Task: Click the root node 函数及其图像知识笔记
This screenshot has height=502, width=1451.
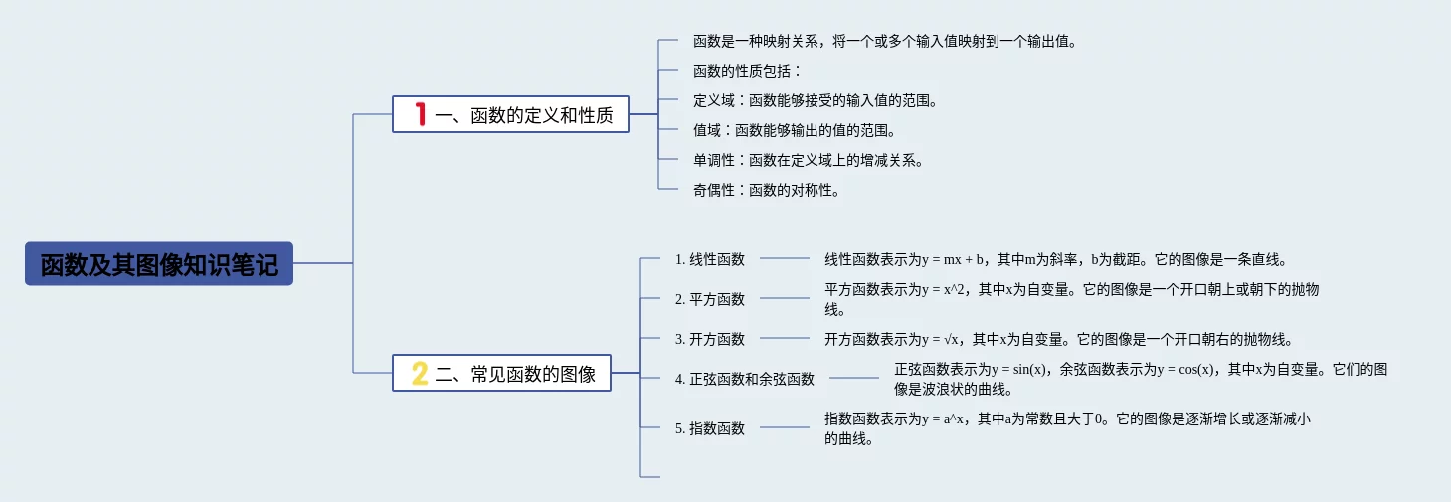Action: pyautogui.click(x=159, y=264)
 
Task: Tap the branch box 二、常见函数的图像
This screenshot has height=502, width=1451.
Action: pyautogui.click(x=501, y=374)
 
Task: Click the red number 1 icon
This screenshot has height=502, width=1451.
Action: pyautogui.click(x=421, y=115)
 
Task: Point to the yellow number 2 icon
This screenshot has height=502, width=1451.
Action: pyautogui.click(x=420, y=374)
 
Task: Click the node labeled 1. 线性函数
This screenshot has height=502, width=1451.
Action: pyautogui.click(x=709, y=259)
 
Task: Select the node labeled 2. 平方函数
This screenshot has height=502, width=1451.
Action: pyautogui.click(x=709, y=299)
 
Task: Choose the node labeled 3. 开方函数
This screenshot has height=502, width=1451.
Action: pyautogui.click(x=709, y=339)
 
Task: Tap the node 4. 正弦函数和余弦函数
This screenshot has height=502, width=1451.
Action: pyautogui.click(x=744, y=379)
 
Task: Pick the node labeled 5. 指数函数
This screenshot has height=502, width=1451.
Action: pyautogui.click(x=709, y=428)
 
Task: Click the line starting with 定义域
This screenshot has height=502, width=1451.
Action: pyautogui.click(x=815, y=100)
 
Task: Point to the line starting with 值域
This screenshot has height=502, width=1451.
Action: pyautogui.click(x=794, y=130)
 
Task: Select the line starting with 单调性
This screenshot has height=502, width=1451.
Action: pyautogui.click(x=808, y=160)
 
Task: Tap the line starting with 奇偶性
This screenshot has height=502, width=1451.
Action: pyautogui.click(x=766, y=190)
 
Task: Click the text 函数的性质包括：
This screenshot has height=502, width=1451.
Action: pyautogui.click(x=747, y=71)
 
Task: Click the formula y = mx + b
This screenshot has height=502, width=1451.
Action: pyautogui.click(x=953, y=260)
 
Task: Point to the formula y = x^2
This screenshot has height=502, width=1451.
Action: pyautogui.click(x=944, y=290)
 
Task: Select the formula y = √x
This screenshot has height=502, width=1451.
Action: pyautogui.click(x=941, y=339)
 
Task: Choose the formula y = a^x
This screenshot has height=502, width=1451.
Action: pyautogui.click(x=944, y=419)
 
